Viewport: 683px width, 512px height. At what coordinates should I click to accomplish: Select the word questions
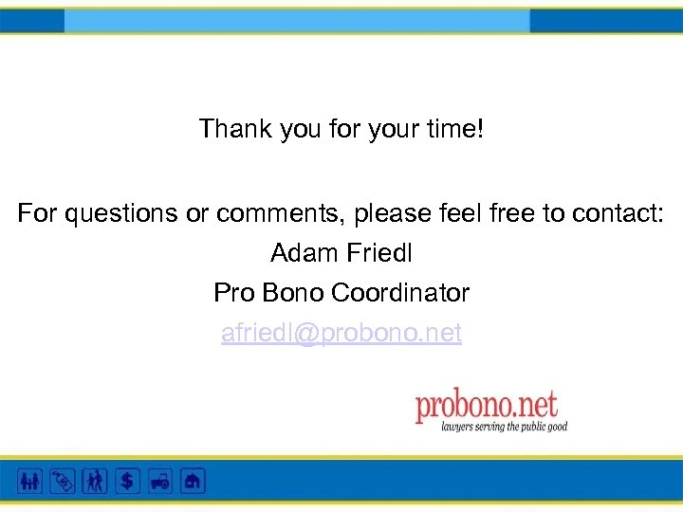pos(120,214)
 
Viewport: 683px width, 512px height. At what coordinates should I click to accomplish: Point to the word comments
pos(280,214)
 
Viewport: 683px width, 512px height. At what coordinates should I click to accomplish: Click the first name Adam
pos(300,254)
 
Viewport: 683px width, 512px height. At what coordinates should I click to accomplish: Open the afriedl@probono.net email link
pos(341,334)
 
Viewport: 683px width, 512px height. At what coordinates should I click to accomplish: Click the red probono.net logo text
pos(486,407)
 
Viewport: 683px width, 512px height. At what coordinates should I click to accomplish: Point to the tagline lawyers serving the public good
pos(504,428)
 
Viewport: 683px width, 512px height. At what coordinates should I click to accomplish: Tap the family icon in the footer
pos(29,481)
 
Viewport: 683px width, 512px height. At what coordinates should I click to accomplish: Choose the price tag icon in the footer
pos(62,481)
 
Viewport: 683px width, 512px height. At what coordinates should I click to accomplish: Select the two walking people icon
pos(95,481)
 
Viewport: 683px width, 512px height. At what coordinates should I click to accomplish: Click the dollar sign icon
pos(127,481)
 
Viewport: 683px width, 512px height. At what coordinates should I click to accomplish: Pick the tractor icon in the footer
pos(159,481)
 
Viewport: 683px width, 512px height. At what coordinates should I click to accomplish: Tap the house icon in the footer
pos(193,481)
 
